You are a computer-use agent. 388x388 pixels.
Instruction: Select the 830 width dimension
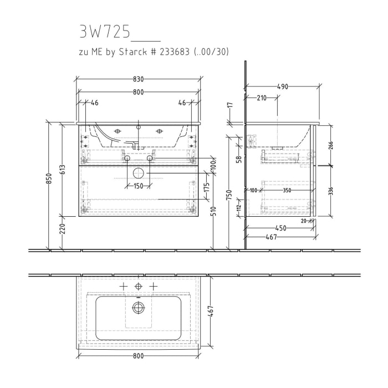click(x=138, y=80)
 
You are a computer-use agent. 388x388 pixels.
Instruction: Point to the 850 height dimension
click(x=49, y=178)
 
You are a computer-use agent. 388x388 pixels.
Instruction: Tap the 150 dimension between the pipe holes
click(x=138, y=186)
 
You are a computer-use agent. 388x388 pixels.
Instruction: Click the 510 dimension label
click(x=213, y=211)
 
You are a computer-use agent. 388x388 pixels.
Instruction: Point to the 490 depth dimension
click(x=283, y=86)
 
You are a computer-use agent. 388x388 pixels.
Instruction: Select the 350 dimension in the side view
click(x=287, y=190)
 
